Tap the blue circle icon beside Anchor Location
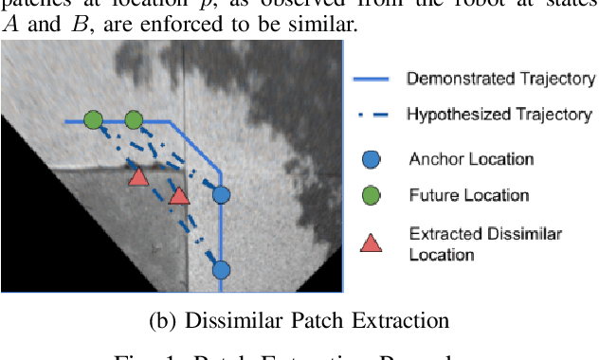coord(371,159)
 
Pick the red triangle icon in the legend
coord(371,242)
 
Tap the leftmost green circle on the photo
coord(93,120)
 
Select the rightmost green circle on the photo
coord(134,120)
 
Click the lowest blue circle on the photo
coord(221,270)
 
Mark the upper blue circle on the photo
coord(221,195)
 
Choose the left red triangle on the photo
coord(138,177)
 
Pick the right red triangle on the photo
coord(179,196)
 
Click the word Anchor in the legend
coord(431,159)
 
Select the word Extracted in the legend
coord(442,233)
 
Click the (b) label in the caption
coord(163,320)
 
